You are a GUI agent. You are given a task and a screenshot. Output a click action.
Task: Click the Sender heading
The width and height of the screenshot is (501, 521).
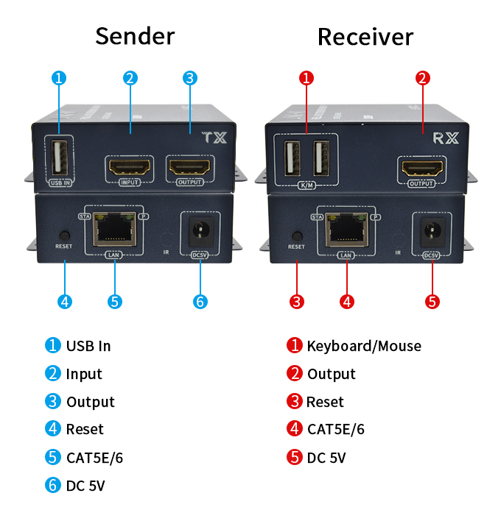[x=135, y=36]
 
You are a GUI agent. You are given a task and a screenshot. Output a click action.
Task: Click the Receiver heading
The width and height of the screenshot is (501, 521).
[x=365, y=36]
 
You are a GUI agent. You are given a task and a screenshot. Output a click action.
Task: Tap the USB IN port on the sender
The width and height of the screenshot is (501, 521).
[x=60, y=155]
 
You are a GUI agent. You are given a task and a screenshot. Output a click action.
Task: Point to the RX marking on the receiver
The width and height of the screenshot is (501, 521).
[x=446, y=137]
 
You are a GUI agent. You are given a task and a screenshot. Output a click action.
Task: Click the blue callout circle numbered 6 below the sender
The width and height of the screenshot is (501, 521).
[x=200, y=301]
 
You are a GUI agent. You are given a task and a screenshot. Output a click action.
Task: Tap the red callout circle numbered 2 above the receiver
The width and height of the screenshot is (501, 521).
[x=422, y=78]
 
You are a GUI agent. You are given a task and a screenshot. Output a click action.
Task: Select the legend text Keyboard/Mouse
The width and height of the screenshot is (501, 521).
[x=364, y=346]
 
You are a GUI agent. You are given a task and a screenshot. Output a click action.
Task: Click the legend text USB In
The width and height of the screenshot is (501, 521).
[x=88, y=346]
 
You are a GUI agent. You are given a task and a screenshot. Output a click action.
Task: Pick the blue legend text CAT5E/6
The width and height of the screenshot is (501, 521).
[x=94, y=458]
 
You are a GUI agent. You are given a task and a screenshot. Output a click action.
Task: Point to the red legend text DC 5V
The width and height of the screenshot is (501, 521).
[x=326, y=458]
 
